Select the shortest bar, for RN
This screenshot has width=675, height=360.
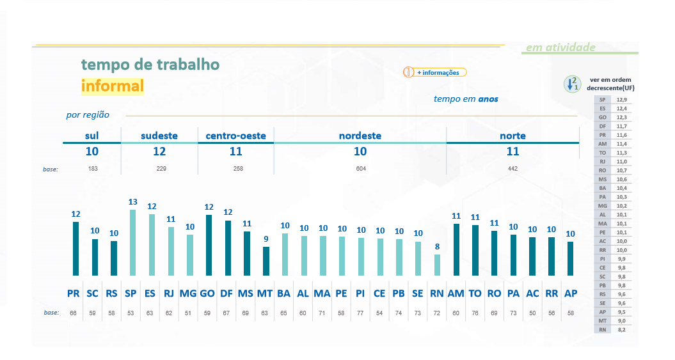point(437,265)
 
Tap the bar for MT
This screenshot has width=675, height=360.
point(266,261)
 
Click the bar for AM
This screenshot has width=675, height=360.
point(456,249)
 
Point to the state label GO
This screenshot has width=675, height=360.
point(207,293)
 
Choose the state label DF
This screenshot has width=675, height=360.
point(226,293)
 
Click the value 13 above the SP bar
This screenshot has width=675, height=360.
point(132,202)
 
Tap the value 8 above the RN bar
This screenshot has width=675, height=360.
point(437,247)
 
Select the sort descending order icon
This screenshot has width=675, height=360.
point(571,84)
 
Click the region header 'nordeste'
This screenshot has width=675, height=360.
point(360,136)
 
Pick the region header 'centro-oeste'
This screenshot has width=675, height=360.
point(236,136)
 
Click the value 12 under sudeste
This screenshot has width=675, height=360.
point(159,152)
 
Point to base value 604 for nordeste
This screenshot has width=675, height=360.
point(360,169)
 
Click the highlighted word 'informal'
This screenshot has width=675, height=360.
point(113,86)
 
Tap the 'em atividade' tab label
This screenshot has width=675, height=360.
point(560,47)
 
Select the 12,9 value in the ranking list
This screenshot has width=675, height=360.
point(621,100)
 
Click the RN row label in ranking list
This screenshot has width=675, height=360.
point(602,330)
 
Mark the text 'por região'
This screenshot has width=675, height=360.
point(88,115)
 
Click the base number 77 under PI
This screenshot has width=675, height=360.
point(361,313)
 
